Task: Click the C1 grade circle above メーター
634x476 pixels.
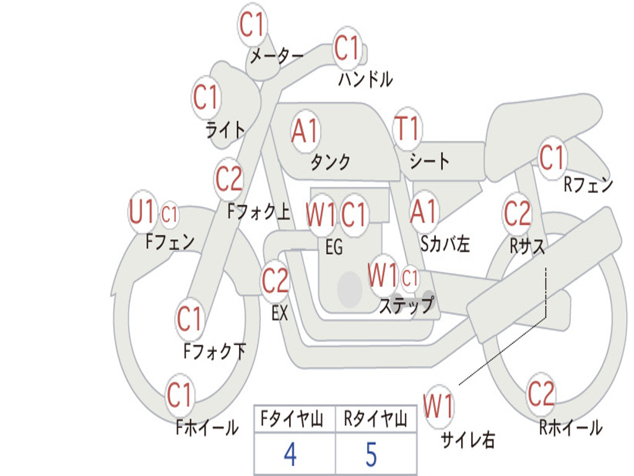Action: [253, 25]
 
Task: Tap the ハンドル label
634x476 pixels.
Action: [365, 79]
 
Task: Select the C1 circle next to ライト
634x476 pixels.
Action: [206, 97]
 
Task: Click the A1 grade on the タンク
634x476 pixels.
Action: [305, 131]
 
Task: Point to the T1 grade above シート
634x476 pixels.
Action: [407, 129]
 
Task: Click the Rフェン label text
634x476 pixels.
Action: [588, 185]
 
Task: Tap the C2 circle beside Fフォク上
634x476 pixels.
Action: [229, 179]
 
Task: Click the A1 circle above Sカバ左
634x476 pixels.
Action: [425, 211]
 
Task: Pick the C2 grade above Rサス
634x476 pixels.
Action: [517, 214]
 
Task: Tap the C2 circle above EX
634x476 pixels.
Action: [276, 282]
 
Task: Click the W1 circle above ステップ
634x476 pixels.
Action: [383, 275]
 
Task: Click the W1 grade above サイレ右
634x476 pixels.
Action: [438, 407]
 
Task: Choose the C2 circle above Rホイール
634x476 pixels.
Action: [541, 394]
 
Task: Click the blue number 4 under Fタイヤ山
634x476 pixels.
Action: [290, 454]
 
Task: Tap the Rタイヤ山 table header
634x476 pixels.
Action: [375, 420]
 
